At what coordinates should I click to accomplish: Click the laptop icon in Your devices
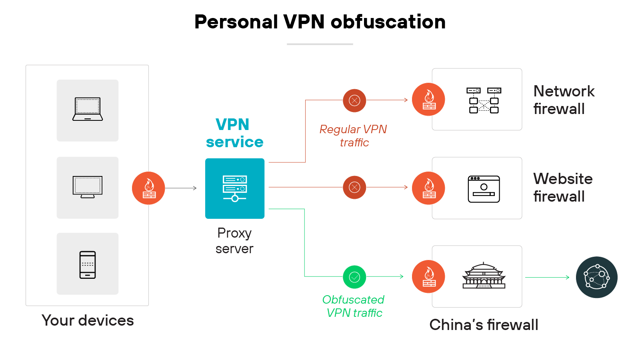pos(88,109)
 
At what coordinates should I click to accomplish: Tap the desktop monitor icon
pos(88,187)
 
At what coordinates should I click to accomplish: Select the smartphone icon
pos(88,264)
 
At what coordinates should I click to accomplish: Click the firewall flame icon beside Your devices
pos(148,188)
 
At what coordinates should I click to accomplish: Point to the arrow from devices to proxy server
pos(181,188)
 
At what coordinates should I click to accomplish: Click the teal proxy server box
pos(235,188)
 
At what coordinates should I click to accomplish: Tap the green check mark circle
pos(354,277)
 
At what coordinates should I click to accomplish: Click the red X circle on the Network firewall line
pos(354,100)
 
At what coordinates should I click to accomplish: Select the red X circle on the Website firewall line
pos(354,187)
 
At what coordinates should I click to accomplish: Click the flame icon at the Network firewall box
pos(428,100)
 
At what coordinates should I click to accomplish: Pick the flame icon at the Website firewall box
pos(428,188)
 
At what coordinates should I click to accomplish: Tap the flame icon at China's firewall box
pos(428,277)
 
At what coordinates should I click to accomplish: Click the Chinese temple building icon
pos(484,276)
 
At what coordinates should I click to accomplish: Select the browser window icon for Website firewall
pos(484,189)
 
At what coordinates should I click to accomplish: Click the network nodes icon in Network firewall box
pos(484,100)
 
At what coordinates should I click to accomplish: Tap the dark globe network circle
pos(596,277)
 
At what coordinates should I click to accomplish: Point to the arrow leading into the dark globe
pos(547,277)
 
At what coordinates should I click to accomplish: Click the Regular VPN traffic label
pos(354,136)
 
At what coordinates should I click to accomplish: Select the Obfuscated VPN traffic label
pos(354,306)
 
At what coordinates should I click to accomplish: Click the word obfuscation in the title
pos(388,22)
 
